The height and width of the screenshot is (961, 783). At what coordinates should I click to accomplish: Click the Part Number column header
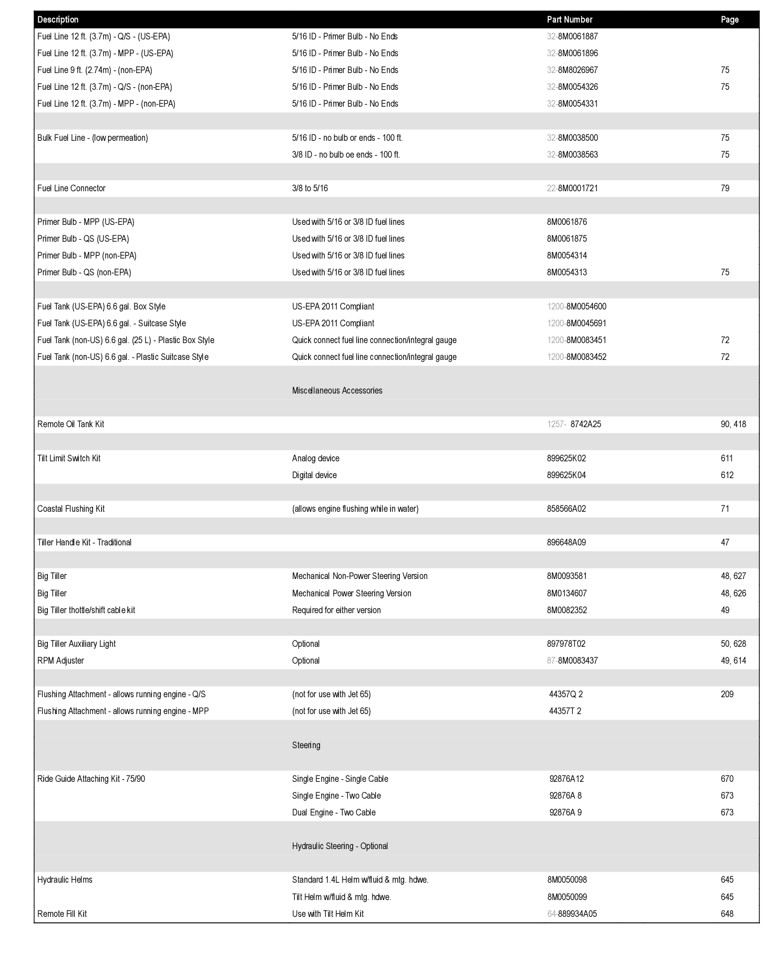[569, 19]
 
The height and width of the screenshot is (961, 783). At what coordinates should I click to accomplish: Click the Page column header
[729, 19]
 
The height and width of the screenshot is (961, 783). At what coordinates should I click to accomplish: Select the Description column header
[58, 19]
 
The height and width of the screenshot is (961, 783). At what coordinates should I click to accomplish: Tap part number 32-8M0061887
[572, 36]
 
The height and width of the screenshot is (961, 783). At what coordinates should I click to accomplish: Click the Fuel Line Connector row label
[71, 188]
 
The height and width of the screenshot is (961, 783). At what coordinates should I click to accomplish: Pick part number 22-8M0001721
[572, 188]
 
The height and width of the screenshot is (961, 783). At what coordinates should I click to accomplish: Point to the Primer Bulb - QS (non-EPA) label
[84, 272]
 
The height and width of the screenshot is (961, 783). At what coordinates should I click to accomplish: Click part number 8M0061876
[566, 222]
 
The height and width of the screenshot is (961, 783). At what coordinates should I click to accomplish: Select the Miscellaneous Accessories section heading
[337, 390]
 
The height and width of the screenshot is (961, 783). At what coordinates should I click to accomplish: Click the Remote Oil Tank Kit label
[70, 424]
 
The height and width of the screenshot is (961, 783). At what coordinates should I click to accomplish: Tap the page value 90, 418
[733, 424]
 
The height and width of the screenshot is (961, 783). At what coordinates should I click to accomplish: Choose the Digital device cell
[314, 475]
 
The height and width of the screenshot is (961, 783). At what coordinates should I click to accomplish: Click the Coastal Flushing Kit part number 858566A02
[566, 509]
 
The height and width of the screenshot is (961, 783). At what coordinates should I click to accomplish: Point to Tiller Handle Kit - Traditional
[84, 542]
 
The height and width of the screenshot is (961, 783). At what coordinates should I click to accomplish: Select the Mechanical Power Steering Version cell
[352, 593]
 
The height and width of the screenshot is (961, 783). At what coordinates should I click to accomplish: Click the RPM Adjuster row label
[60, 660]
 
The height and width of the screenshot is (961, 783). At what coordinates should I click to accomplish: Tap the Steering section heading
[306, 745]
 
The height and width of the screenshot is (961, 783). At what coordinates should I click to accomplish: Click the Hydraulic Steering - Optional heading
[339, 846]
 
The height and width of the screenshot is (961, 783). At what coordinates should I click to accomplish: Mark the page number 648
[727, 914]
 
